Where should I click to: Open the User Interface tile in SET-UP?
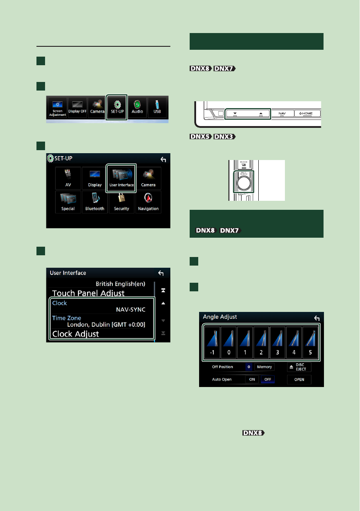pos(121,178)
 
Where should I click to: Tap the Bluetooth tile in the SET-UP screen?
pos(95,202)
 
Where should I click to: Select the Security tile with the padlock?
pos(121,202)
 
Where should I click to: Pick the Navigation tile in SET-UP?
pos(148,202)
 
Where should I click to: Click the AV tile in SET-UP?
pos(68,178)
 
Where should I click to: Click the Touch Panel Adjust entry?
pos(88,293)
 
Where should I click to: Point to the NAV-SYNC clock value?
pos(130,309)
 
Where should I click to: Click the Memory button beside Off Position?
pos(264,367)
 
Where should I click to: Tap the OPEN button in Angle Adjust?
pos(299,380)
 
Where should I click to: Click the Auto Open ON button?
pos(252,380)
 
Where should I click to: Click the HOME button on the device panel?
pos(306,113)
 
